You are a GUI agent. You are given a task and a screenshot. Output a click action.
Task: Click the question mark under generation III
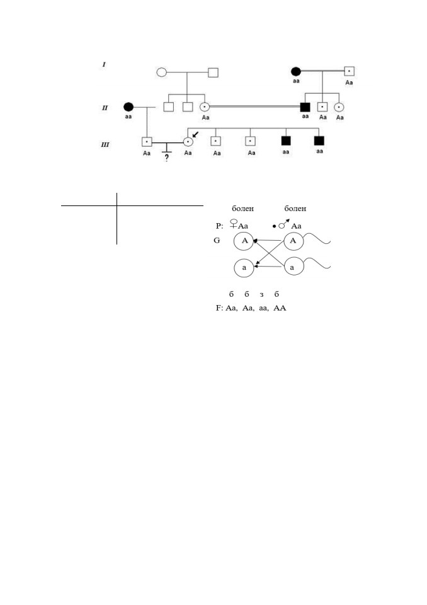pos(167,158)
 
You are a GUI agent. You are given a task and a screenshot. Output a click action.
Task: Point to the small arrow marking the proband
pos(195,134)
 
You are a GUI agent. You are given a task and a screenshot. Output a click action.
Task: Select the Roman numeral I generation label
pos(104,64)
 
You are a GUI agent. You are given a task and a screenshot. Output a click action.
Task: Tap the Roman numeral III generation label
pos(105,145)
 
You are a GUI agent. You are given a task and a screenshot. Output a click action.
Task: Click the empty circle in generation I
pos(162,72)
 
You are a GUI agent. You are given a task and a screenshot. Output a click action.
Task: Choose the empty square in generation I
pos(213,72)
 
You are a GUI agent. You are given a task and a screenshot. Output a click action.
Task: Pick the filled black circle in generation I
pos(296,71)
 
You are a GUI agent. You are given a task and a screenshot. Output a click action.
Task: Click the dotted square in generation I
pos(349,71)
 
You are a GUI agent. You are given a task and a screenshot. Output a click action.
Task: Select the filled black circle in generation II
pos(128,107)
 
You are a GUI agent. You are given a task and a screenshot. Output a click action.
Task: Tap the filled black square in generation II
pos(305,107)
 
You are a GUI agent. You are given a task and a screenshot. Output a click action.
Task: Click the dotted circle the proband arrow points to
pos(188,142)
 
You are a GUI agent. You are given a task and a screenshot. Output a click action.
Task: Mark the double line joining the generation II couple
pos(255,107)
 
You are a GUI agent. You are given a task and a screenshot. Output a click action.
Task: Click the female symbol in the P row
pos(234,224)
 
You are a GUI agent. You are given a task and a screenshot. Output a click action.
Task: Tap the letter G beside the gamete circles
pos(217,240)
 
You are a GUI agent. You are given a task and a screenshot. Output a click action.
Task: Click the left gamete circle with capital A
pos(244,241)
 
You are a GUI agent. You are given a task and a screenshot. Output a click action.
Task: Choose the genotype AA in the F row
pos(280,308)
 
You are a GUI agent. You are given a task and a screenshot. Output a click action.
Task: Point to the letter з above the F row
pos(261,295)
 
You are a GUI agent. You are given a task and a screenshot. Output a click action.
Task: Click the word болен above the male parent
pos(295,209)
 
